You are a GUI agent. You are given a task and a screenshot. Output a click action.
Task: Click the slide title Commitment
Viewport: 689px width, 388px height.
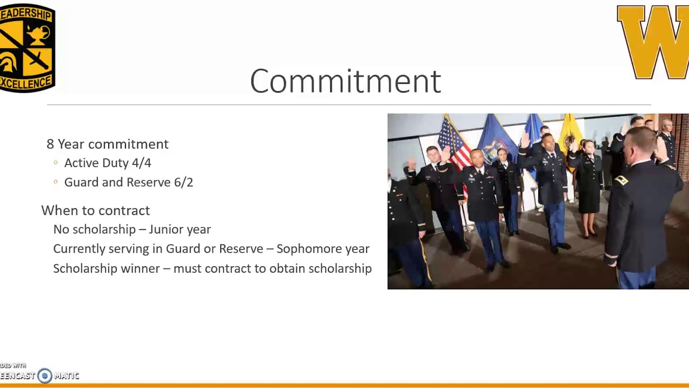[x=345, y=81]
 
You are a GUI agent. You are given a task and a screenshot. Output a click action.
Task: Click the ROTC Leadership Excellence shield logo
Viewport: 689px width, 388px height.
[x=26, y=48]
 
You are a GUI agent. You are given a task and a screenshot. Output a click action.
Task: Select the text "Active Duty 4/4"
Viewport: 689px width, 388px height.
[x=108, y=163]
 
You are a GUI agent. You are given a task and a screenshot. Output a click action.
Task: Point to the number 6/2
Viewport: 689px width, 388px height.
[x=183, y=182]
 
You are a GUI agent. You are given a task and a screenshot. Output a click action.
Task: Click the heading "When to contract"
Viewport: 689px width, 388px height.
[x=95, y=210]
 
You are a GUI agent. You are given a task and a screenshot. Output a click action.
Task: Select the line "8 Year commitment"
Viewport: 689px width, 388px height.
[x=107, y=144]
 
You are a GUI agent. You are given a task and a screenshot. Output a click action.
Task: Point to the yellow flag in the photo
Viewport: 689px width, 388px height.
[x=571, y=135]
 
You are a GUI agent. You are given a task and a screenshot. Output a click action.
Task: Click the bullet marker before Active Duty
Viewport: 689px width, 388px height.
[x=55, y=163]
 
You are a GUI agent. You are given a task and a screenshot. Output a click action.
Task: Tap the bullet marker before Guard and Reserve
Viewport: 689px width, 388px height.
[x=55, y=182]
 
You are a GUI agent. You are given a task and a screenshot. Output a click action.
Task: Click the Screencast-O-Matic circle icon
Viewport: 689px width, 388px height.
[x=45, y=376]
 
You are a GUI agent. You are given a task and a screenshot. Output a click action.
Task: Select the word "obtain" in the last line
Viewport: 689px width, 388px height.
[x=286, y=268]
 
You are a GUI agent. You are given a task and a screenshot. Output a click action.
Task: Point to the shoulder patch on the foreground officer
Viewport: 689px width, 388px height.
[x=621, y=181]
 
